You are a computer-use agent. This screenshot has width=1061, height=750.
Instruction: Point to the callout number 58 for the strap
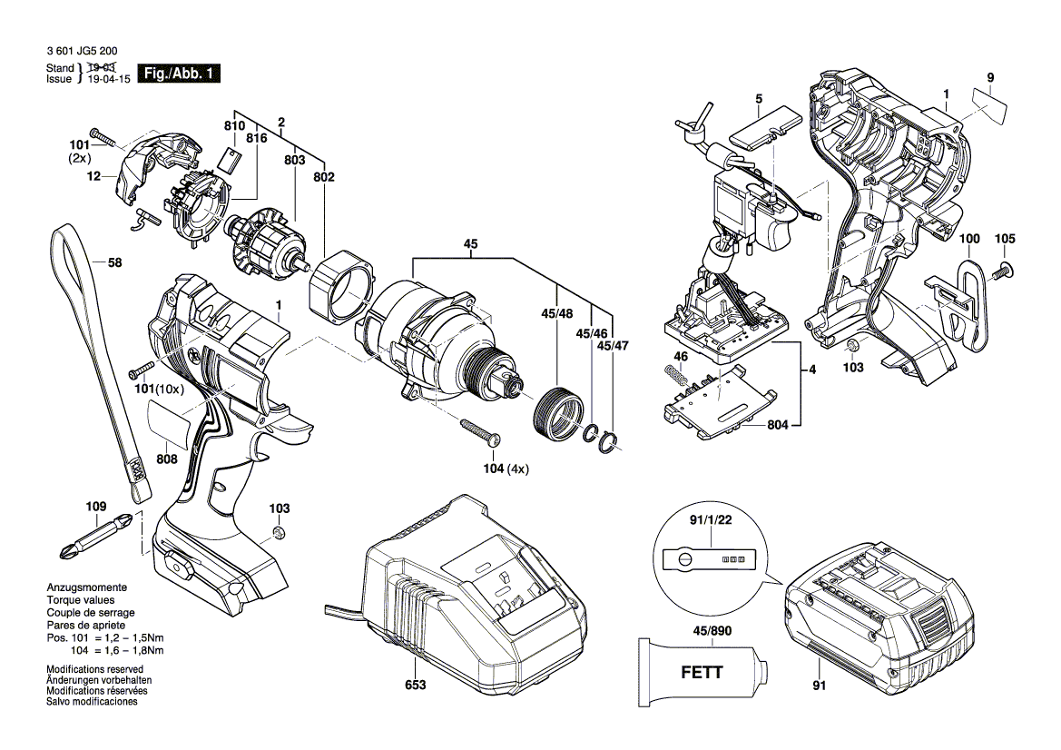[x=114, y=263]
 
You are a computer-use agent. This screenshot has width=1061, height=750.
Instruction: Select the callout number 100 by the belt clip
[x=969, y=239]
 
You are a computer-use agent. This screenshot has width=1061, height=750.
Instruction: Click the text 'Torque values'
[x=81, y=600]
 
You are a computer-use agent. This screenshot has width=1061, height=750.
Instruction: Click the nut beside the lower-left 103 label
[x=280, y=532]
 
